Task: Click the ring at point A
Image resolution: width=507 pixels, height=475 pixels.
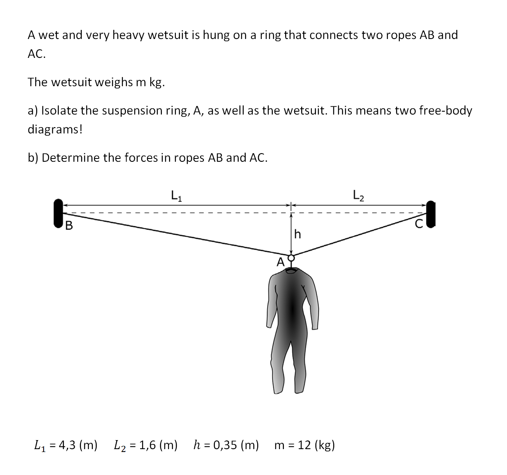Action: (291, 258)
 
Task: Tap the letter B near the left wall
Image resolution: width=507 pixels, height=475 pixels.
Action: (69, 225)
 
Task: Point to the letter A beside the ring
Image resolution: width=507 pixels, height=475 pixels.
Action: (281, 262)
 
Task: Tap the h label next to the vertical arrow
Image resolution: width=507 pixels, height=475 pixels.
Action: (298, 234)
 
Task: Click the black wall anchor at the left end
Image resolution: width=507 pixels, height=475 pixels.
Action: (58, 213)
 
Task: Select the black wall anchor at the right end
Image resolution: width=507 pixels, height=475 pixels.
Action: (431, 213)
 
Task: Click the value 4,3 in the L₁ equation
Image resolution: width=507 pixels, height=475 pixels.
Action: (67, 445)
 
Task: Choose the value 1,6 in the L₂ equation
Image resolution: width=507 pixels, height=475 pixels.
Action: (147, 445)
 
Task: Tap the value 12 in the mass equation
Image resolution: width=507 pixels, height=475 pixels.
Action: (304, 445)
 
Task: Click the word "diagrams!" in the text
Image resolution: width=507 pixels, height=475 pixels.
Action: (55, 129)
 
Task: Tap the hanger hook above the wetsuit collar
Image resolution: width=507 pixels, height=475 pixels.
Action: (291, 266)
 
